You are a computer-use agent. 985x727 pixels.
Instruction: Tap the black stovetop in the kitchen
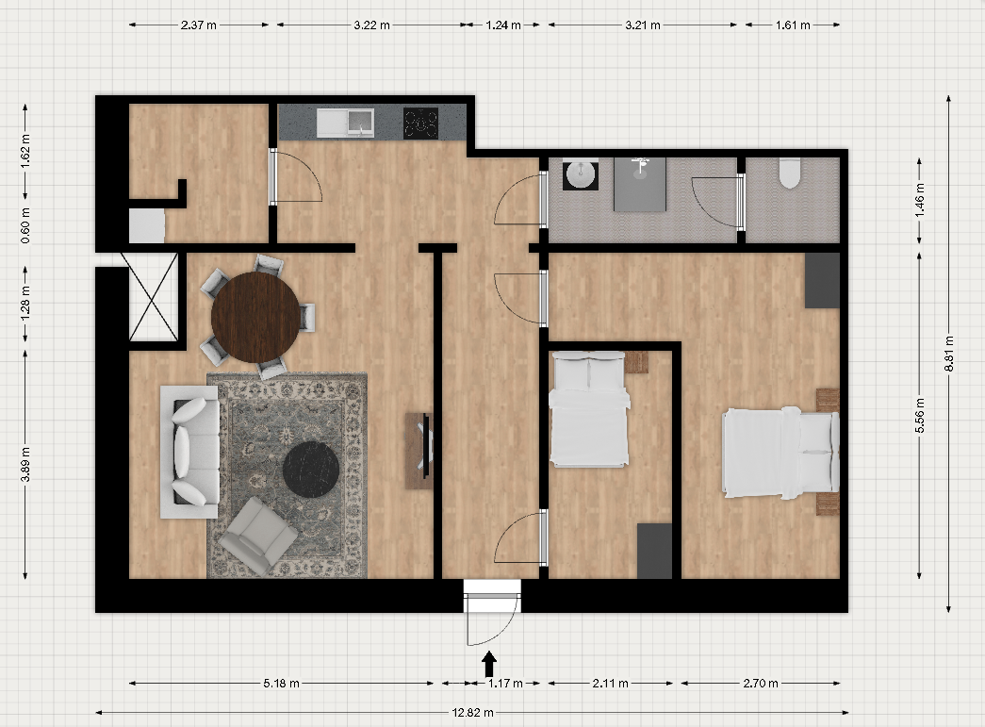(420, 123)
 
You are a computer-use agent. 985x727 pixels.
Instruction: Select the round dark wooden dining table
(255, 318)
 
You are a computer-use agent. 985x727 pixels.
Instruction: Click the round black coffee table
(311, 470)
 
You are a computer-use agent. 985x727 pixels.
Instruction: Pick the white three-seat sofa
(189, 452)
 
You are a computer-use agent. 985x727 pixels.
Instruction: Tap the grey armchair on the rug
(258, 536)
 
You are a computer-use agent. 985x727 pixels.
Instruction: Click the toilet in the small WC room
(790, 173)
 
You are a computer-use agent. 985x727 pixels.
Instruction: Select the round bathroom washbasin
(581, 174)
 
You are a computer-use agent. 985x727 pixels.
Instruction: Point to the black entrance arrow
(489, 664)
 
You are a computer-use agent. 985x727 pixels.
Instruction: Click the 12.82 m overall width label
(472, 713)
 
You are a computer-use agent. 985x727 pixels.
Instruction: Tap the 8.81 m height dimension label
(948, 354)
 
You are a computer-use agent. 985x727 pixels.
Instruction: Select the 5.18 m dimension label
(281, 683)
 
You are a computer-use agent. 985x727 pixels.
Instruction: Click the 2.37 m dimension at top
(199, 25)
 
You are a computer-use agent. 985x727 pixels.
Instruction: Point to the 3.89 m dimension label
(25, 464)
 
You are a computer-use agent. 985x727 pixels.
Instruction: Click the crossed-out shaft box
(154, 297)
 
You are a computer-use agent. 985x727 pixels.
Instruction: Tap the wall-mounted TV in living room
(427, 445)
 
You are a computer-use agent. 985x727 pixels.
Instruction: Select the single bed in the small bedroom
(588, 409)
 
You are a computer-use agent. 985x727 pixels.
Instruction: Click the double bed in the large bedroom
(780, 453)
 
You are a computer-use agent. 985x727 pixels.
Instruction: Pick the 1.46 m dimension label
(920, 201)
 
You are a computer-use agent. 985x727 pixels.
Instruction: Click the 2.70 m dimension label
(761, 683)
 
